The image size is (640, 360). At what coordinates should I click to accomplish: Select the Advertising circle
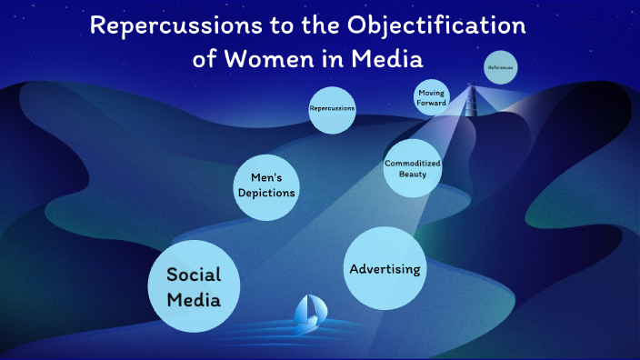click(x=385, y=268)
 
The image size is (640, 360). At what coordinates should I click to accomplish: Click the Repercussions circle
click(x=332, y=110)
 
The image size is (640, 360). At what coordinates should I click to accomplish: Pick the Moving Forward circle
click(x=432, y=97)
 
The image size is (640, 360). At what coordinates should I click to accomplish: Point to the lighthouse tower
click(x=472, y=98)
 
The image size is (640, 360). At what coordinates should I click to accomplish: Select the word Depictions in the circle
click(x=265, y=192)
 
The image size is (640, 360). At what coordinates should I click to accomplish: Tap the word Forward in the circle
click(x=432, y=103)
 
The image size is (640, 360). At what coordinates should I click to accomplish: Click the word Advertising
click(x=385, y=268)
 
